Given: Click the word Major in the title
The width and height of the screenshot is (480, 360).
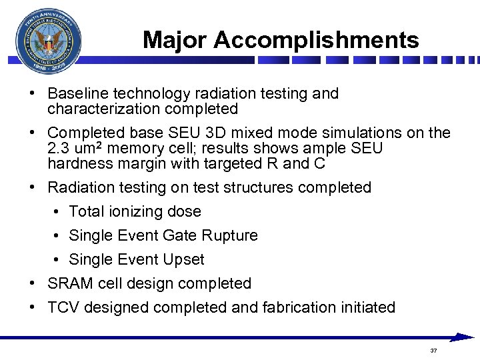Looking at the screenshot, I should [x=175, y=40].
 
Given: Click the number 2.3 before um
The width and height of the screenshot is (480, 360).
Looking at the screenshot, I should [x=59, y=147].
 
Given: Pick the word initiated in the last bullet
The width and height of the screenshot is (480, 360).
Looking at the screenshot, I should [x=369, y=307].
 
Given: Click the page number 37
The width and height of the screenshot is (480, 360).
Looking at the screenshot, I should [x=434, y=350].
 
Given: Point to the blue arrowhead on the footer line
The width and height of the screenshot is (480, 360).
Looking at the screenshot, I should [x=463, y=338].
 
